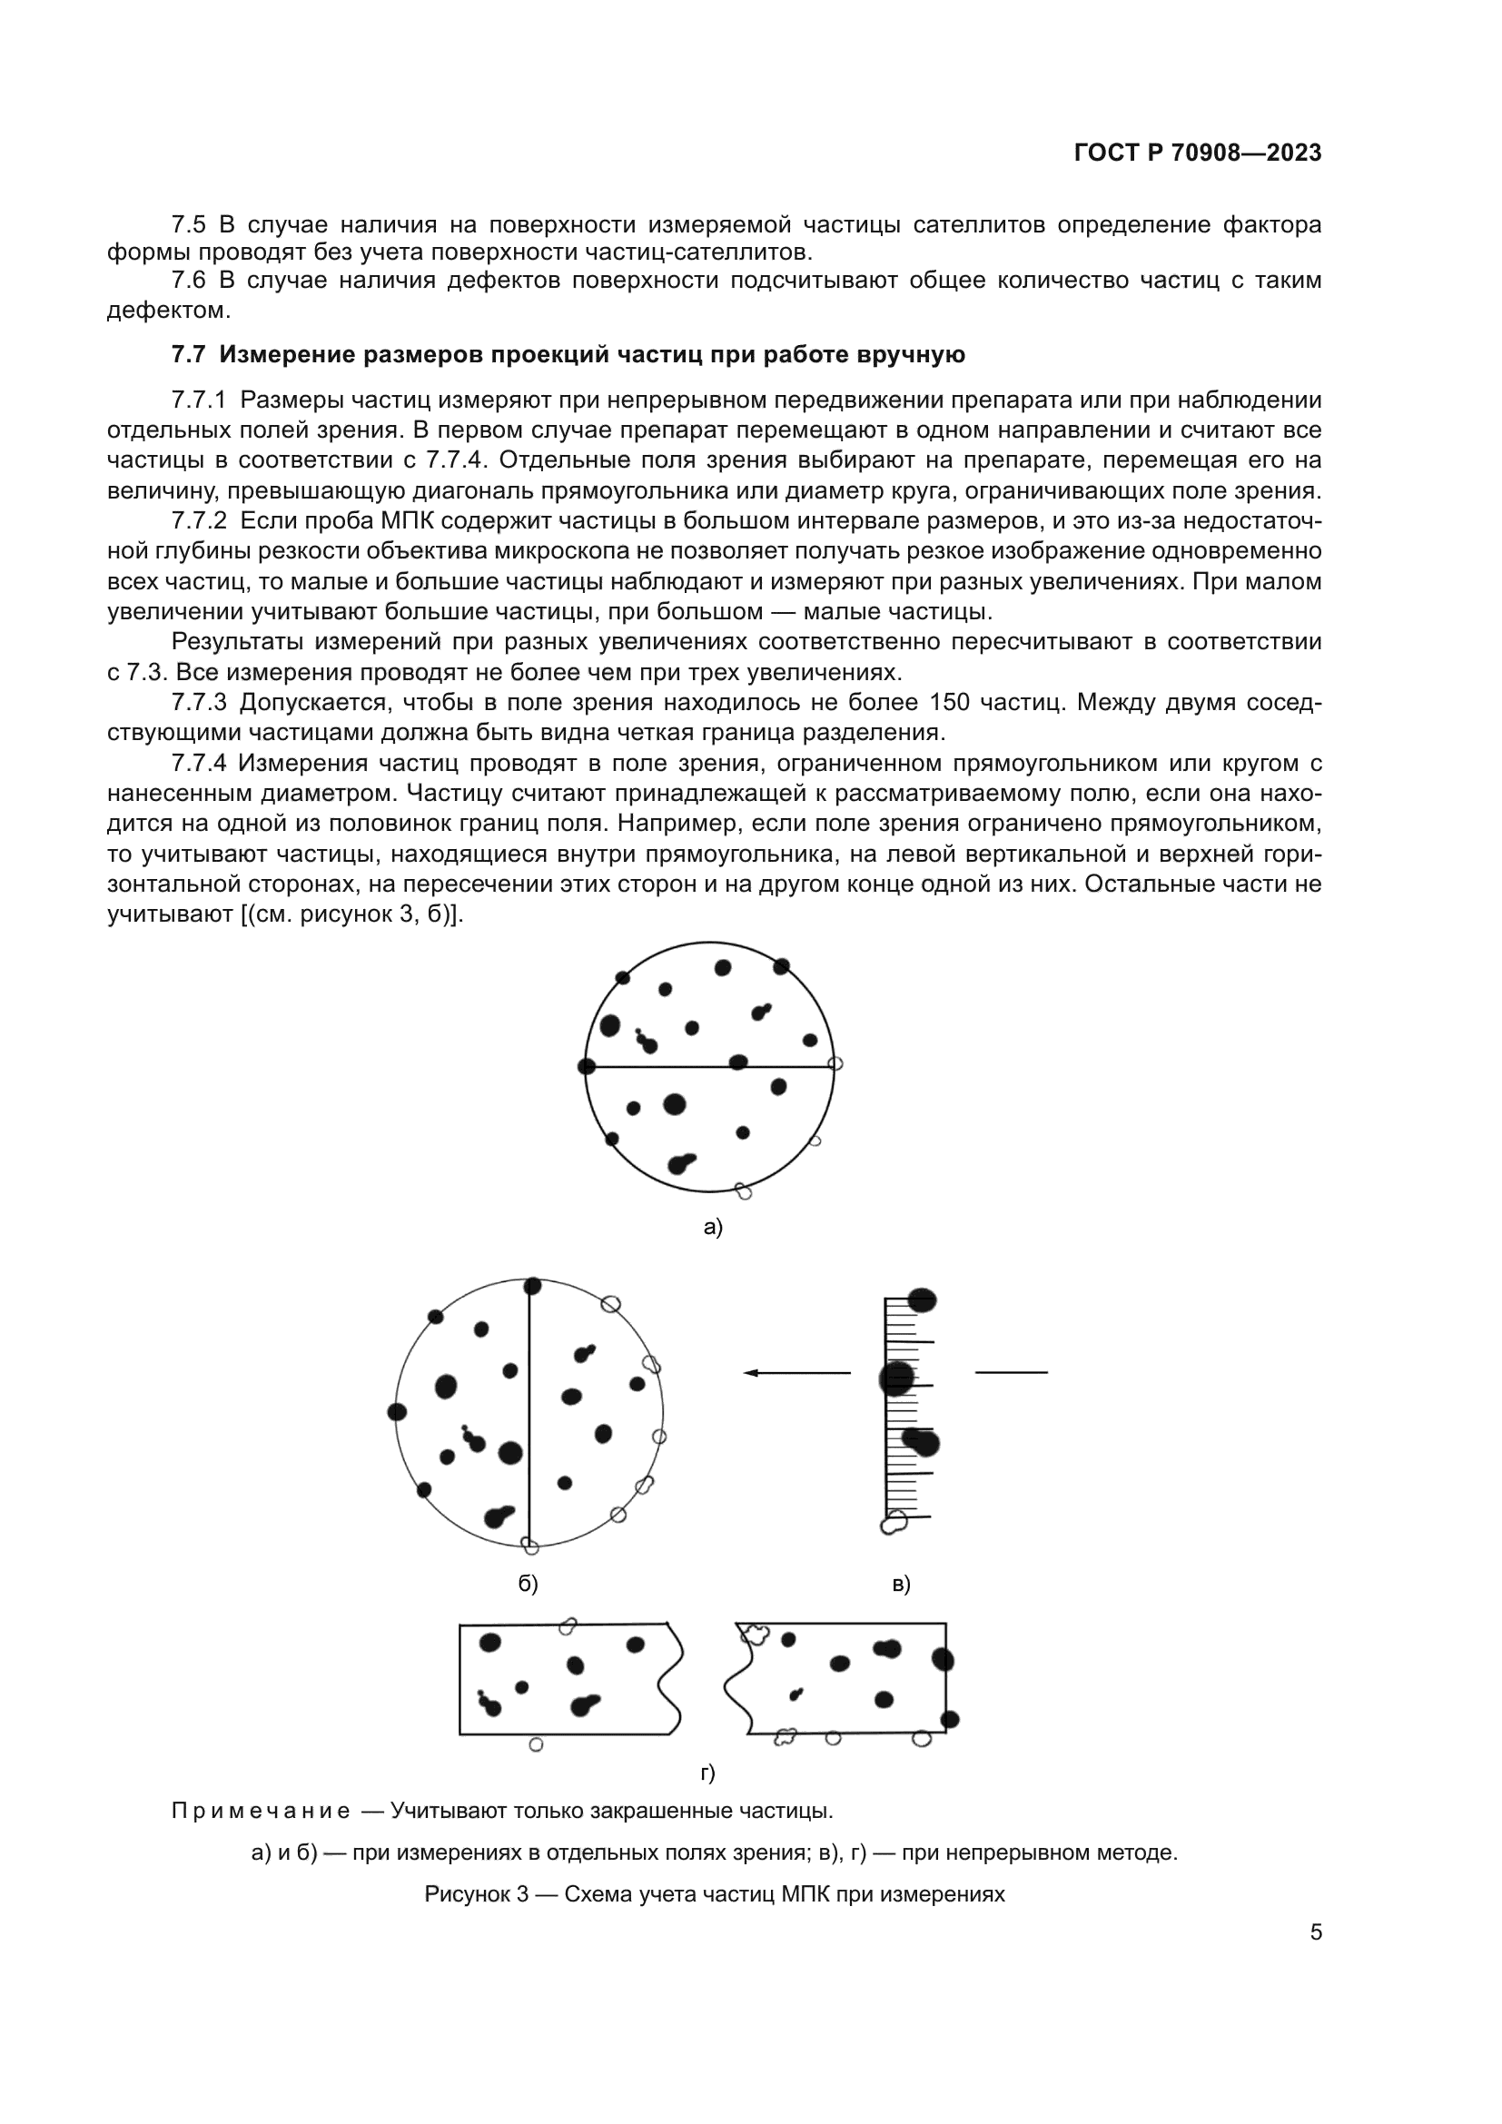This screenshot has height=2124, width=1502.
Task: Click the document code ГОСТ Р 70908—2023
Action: pyautogui.click(x=1198, y=153)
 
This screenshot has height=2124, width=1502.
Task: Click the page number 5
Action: pyautogui.click(x=1316, y=1932)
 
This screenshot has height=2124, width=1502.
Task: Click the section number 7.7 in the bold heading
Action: pyautogui.click(x=189, y=355)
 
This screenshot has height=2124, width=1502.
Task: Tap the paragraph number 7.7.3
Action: pyautogui.click(x=199, y=703)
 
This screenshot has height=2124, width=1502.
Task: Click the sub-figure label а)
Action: pyautogui.click(x=712, y=1228)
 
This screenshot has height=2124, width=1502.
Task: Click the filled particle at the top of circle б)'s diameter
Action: pyautogui.click(x=532, y=1286)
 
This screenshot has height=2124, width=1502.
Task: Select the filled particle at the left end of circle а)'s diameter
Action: pyautogui.click(x=586, y=1067)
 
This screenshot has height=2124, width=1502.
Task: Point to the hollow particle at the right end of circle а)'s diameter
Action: pyautogui.click(x=835, y=1064)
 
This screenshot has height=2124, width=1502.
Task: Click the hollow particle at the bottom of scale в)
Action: pyautogui.click(x=894, y=1522)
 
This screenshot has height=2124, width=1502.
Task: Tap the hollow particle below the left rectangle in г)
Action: pyautogui.click(x=536, y=1744)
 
